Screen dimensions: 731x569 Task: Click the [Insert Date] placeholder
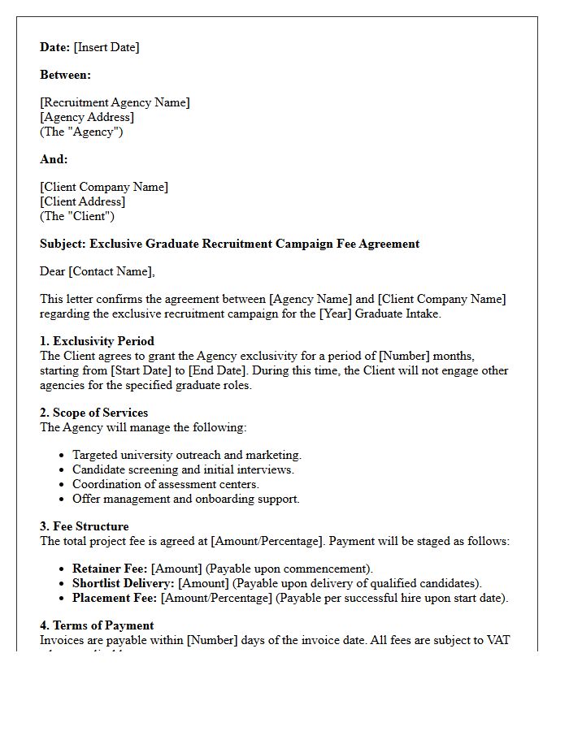[106, 47]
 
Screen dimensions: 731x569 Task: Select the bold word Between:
[66, 75]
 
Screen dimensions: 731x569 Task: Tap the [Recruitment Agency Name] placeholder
[115, 102]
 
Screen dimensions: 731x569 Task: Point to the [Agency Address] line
[87, 117]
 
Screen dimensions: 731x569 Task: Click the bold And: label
[54, 159]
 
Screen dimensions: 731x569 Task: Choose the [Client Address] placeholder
[83, 201]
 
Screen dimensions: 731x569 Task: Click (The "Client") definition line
[77, 216]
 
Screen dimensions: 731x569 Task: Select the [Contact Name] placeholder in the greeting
[111, 271]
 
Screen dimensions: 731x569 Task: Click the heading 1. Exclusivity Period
[97, 341]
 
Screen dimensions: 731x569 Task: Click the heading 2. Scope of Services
[94, 413]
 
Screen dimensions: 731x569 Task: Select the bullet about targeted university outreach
[187, 455]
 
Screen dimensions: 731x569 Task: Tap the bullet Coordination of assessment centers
[166, 484]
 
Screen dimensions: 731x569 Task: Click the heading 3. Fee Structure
[85, 526]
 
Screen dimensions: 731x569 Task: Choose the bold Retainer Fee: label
[110, 569]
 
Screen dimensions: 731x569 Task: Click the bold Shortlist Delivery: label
[124, 583]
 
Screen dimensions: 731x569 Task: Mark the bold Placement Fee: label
[115, 598]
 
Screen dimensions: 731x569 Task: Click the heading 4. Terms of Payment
[97, 625]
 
